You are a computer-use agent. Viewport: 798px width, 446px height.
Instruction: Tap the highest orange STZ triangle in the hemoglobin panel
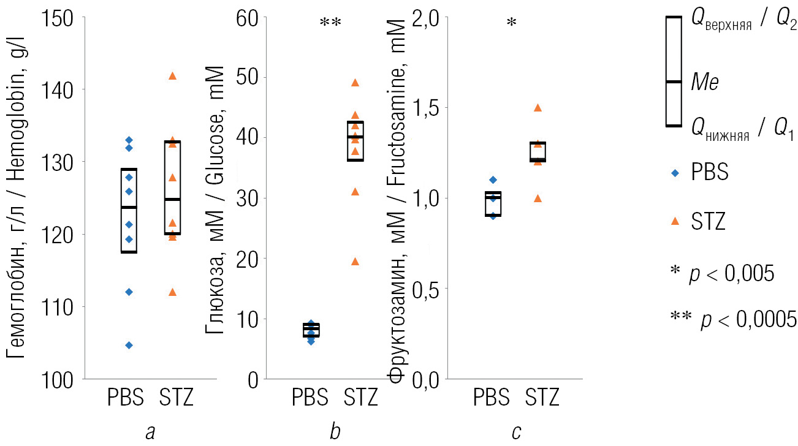(x=172, y=75)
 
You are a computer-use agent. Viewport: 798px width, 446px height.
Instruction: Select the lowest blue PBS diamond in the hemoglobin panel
(x=129, y=345)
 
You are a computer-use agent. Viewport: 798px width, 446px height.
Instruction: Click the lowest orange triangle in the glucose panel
(x=354, y=262)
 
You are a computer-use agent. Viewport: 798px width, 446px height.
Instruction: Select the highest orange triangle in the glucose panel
(x=354, y=82)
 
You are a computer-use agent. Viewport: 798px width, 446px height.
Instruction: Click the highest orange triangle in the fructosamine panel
(x=538, y=107)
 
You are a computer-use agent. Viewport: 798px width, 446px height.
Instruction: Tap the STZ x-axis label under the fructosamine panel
(x=542, y=398)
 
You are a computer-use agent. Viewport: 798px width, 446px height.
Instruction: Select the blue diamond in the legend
(x=675, y=173)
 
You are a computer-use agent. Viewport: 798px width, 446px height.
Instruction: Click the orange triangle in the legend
(x=675, y=221)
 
